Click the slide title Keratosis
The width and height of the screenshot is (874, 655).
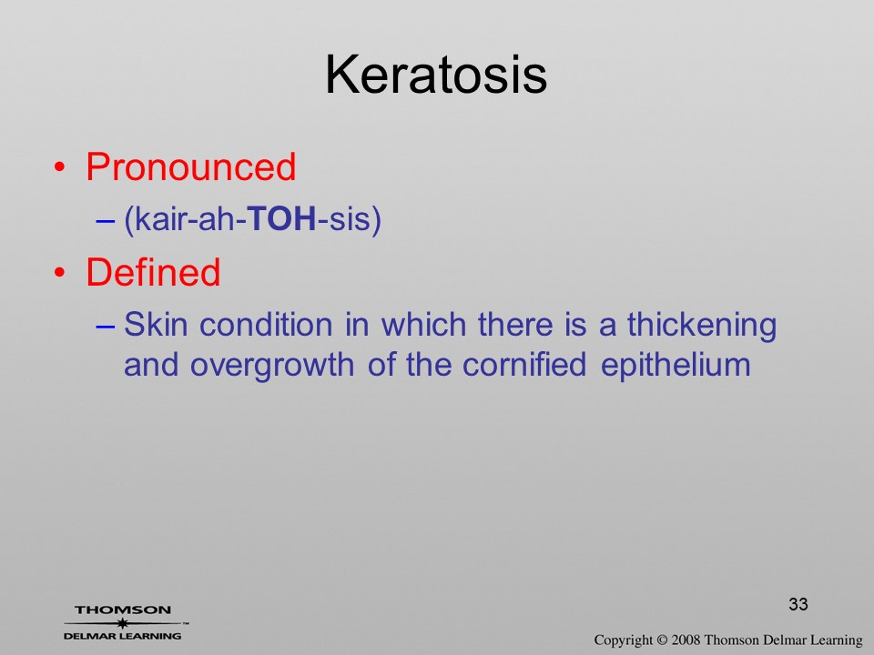436,75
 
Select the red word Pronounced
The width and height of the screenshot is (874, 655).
190,166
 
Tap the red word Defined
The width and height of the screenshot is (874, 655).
153,271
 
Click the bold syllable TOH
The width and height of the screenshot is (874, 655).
281,218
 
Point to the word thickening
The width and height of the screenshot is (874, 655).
702,326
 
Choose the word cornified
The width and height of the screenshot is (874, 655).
524,365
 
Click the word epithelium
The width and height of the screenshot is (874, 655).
676,367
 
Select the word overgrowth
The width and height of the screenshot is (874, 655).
272,367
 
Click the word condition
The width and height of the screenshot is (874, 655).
266,324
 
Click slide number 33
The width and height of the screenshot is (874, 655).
798,604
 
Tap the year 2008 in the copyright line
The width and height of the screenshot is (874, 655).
686,640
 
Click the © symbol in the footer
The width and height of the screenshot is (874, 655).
662,640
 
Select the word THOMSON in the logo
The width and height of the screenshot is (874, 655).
123,610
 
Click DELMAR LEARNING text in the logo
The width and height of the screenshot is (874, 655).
122,636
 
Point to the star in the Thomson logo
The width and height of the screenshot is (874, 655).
122,623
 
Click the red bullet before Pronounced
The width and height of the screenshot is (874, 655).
60,167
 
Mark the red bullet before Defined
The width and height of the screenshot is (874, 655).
60,272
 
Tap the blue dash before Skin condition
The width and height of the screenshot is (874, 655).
106,326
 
